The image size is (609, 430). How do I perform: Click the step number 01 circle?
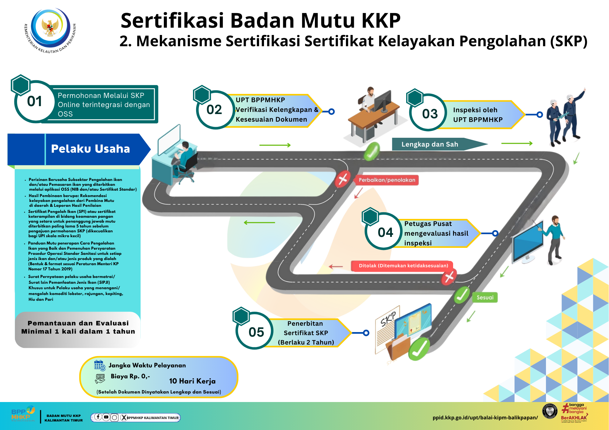coord(35,102)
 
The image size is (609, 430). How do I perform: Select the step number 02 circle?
coord(214,110)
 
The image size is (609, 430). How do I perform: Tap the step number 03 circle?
coord(430,114)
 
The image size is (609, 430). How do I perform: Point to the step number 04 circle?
coord(385,233)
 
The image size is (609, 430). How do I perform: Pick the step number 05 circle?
coord(256,332)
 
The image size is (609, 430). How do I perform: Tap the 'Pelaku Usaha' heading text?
coord(90,149)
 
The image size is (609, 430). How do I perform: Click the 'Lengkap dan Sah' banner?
coord(430,144)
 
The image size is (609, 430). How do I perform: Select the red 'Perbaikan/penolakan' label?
coord(387,180)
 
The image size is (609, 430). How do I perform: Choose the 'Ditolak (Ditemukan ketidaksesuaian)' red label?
coord(403,266)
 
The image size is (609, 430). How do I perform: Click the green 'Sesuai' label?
coord(485,297)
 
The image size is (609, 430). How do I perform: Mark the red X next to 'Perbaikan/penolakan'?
coord(343,179)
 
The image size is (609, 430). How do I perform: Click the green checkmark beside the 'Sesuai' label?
coord(462,295)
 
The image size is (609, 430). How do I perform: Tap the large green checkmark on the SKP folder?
coord(419,350)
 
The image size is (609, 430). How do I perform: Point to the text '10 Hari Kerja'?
coord(192,381)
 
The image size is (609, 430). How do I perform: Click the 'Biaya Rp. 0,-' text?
coord(130,376)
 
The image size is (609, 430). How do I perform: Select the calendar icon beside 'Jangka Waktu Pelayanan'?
coord(99,365)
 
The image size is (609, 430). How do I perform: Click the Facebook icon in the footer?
coord(98,417)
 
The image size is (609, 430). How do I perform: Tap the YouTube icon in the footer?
coord(106,417)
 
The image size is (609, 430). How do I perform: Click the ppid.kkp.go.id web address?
coord(485,418)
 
